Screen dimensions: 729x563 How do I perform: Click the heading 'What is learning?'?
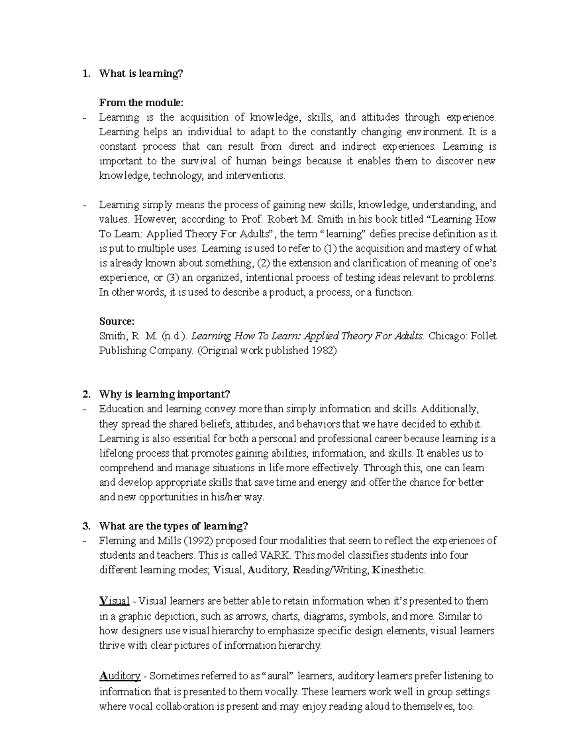tap(141, 74)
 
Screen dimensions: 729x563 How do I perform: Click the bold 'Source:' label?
tap(117, 322)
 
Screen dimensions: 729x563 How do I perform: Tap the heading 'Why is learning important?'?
tap(165, 394)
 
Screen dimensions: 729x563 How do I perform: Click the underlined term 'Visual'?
tap(114, 601)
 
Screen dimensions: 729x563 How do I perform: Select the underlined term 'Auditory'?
tap(120, 676)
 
